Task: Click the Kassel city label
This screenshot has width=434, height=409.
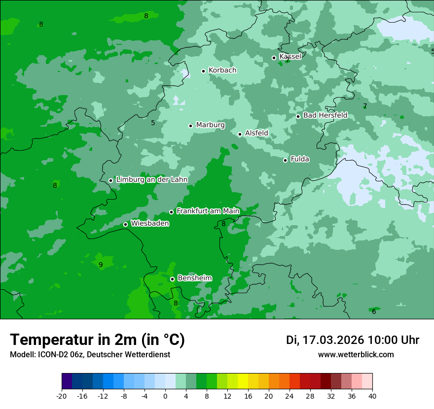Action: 290,57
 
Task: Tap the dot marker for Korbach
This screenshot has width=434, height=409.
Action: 203,71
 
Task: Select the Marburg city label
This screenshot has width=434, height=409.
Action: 210,125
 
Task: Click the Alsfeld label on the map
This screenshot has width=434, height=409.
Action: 256,133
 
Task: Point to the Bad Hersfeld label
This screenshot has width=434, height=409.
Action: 325,115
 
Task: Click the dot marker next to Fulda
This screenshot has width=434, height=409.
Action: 285,160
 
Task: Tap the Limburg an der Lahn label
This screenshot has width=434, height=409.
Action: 151,180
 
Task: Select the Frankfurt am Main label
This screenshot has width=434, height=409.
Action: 208,211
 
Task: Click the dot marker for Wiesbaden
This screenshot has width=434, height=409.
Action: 125,224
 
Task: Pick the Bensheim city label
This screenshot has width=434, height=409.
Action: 194,278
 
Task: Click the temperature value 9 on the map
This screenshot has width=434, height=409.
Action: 101,265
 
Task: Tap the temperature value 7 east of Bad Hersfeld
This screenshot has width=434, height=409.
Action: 365,106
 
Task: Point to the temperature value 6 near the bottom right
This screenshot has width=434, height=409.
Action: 374,312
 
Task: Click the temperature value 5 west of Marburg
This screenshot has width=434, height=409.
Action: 153,123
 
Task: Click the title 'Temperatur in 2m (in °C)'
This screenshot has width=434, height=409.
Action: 97,340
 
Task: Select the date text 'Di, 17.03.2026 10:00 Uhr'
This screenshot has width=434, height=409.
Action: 353,340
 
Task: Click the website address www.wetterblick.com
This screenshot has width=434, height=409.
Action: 356,354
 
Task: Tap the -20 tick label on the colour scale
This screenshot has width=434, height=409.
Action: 62,396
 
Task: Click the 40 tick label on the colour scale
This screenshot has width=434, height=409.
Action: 372,396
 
